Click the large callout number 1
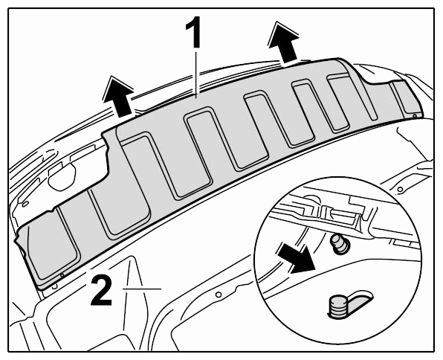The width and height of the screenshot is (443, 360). (193, 32)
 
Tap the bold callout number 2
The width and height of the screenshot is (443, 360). (102, 292)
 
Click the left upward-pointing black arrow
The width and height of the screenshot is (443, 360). (119, 96)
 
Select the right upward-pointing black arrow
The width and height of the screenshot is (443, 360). (283, 42)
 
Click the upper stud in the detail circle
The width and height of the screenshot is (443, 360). (340, 243)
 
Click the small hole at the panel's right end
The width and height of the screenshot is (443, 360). (415, 116)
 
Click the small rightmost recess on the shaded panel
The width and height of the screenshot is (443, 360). (404, 97)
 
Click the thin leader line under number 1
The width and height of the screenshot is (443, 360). (197, 72)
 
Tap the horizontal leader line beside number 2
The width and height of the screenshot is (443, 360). (142, 289)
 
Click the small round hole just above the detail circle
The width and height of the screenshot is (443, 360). (400, 189)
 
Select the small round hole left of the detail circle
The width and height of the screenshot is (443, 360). (218, 295)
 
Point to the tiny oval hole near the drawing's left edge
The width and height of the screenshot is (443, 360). (25, 204)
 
